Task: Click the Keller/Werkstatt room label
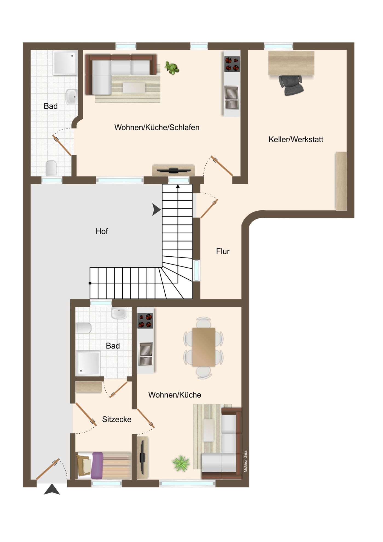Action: point(296,140)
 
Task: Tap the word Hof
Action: point(102,231)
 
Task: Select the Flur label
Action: point(223,251)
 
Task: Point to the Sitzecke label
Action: point(117,419)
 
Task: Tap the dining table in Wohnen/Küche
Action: point(203,347)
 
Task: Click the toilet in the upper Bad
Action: point(51,168)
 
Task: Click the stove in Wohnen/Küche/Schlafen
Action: point(232,64)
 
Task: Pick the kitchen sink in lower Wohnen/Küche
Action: point(146,354)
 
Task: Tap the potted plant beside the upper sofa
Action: point(172,68)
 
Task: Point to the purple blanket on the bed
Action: point(97,465)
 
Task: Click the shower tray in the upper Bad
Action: point(65,63)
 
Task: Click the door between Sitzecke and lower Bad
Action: point(119,390)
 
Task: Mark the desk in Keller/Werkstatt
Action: point(291,63)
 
